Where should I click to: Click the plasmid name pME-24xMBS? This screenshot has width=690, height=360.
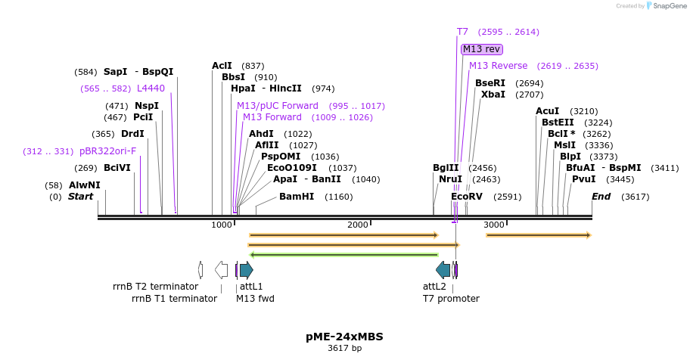(x=344, y=336)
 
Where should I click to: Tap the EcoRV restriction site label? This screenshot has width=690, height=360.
(x=466, y=197)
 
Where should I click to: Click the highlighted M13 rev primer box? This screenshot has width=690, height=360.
(x=481, y=49)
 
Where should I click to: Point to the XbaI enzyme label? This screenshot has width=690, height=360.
(x=493, y=95)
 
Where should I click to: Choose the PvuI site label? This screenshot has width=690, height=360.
(x=583, y=179)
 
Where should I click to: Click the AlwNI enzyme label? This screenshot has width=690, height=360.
(x=84, y=185)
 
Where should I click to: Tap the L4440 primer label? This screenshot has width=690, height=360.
(x=151, y=88)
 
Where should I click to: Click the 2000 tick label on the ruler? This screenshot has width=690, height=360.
(x=357, y=225)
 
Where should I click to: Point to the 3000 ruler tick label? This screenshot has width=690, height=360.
(x=493, y=225)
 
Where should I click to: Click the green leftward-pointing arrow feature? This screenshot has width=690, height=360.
(x=344, y=255)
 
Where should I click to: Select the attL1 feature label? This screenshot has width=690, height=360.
(x=251, y=287)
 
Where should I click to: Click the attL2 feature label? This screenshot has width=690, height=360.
(x=434, y=287)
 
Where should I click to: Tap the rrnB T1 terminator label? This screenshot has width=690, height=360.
(x=174, y=299)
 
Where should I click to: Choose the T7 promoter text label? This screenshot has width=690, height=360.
(x=451, y=299)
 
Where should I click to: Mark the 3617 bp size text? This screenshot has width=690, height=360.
(x=344, y=349)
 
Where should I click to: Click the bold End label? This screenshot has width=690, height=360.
(x=601, y=197)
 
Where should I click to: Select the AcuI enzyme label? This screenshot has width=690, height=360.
(x=547, y=111)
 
